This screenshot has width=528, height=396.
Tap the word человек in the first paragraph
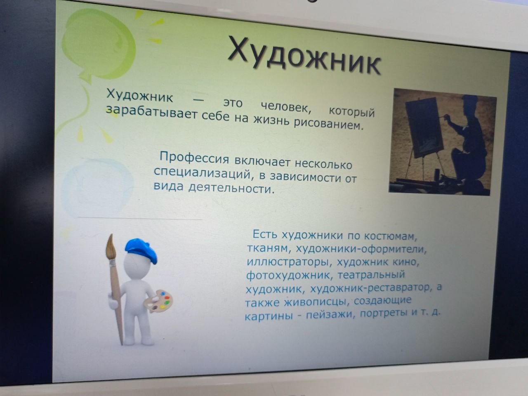click(286, 106)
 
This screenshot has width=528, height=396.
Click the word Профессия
click(194, 158)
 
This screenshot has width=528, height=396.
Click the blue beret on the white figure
click(141, 250)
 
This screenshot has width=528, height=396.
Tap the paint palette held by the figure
click(158, 301)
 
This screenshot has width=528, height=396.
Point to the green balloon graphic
click(99, 45)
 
